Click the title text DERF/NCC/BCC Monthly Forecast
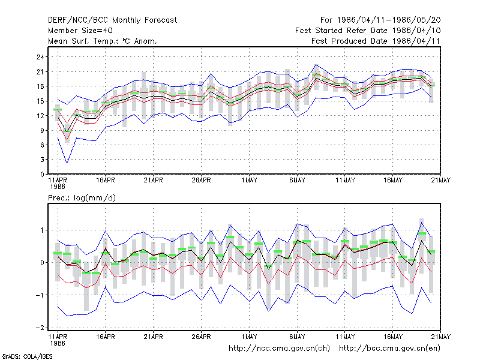[x=112, y=20]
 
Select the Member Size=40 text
[x=80, y=31]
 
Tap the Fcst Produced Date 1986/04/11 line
[x=376, y=41]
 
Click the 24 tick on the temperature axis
[x=40, y=57]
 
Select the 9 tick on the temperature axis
[x=42, y=130]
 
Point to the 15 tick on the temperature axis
[x=40, y=101]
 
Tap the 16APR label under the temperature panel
[x=106, y=181]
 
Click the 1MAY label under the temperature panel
[x=249, y=181]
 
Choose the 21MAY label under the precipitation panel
[x=440, y=337]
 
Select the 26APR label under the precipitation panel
[x=201, y=337]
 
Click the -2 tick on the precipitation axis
[x=40, y=328]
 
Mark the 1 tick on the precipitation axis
[x=42, y=230]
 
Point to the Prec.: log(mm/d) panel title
[x=82, y=198]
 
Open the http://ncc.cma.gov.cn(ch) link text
[x=279, y=349]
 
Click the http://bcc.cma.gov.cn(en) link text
[x=389, y=349]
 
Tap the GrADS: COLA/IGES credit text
[x=27, y=356]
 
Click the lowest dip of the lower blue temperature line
[x=67, y=163]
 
